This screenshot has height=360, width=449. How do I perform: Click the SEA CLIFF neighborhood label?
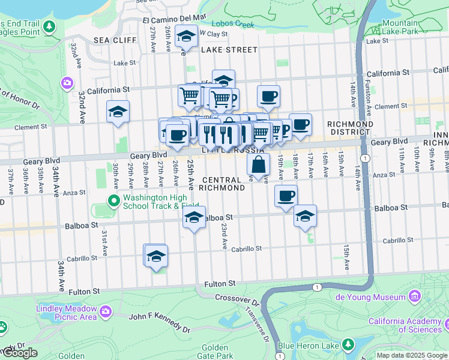tap(112, 40)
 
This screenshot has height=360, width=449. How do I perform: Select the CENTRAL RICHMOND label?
tap(223, 184)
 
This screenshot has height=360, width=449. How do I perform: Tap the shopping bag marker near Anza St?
tap(258, 164)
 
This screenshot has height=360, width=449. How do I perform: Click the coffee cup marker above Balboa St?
tap(286, 196)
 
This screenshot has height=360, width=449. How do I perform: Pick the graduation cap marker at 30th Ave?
tap(118, 111)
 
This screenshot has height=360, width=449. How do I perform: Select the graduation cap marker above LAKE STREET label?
tap(187, 37)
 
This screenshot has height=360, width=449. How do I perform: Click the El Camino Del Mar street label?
tap(175, 18)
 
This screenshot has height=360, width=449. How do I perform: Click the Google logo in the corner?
tap(19, 353)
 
